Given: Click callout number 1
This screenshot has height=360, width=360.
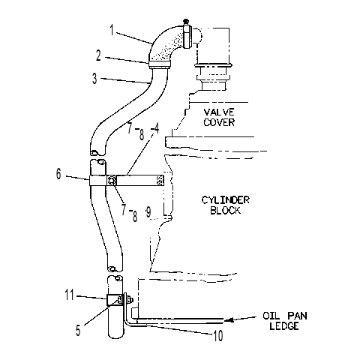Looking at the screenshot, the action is click(112, 30).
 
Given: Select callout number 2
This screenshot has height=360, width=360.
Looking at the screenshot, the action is click(98, 56).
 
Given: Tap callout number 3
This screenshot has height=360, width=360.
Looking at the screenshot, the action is click(94, 79).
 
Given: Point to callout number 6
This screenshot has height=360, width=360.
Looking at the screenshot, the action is click(58, 174).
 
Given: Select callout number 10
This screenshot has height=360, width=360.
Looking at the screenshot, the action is click(217, 335).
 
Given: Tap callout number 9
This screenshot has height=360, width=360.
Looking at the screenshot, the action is click(148, 212).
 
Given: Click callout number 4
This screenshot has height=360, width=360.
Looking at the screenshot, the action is click(156, 128).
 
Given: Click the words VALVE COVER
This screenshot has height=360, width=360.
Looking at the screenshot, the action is click(219, 117).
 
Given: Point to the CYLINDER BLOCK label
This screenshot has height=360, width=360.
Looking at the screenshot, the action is click(226, 205).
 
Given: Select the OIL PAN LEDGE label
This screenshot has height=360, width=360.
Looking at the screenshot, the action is click(284, 321).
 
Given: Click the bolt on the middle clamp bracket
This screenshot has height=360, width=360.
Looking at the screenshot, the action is click(111, 180).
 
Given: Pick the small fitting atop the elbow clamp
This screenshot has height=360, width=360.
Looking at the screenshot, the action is click(185, 21).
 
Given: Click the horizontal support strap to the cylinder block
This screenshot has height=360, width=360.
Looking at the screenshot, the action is click(139, 180).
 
